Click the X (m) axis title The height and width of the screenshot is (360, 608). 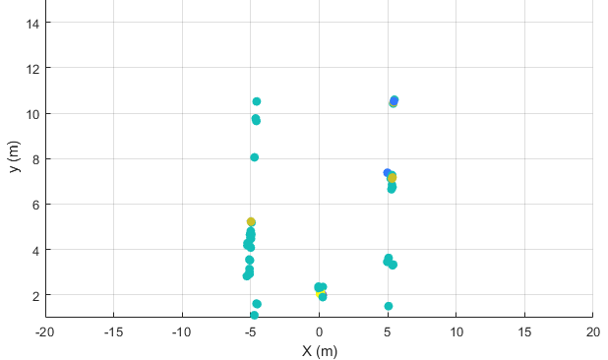[x=319, y=351]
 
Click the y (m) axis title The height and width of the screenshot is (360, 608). [x=14, y=157]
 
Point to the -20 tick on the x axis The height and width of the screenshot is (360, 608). [x=44, y=331]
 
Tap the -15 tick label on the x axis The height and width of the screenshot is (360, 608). [x=113, y=331]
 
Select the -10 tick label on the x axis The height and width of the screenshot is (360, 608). [x=181, y=331]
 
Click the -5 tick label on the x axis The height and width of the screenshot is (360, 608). [x=250, y=331]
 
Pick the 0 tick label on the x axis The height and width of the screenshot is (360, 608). [x=319, y=331]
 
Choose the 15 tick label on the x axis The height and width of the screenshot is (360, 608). [x=524, y=331]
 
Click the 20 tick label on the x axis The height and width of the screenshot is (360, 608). [x=592, y=331]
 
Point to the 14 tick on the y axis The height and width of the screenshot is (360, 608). [x=31, y=23]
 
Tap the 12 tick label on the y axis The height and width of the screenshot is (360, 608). [x=31, y=68]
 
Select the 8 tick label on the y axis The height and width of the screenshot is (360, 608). [x=34, y=159]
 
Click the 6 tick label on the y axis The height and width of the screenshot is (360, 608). [x=34, y=205]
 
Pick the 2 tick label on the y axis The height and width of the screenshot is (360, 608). [x=34, y=295]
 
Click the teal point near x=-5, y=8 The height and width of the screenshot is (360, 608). [x=254, y=157]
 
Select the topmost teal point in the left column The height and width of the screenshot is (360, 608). [x=257, y=101]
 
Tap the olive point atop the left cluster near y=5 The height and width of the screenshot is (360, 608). [x=251, y=222]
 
